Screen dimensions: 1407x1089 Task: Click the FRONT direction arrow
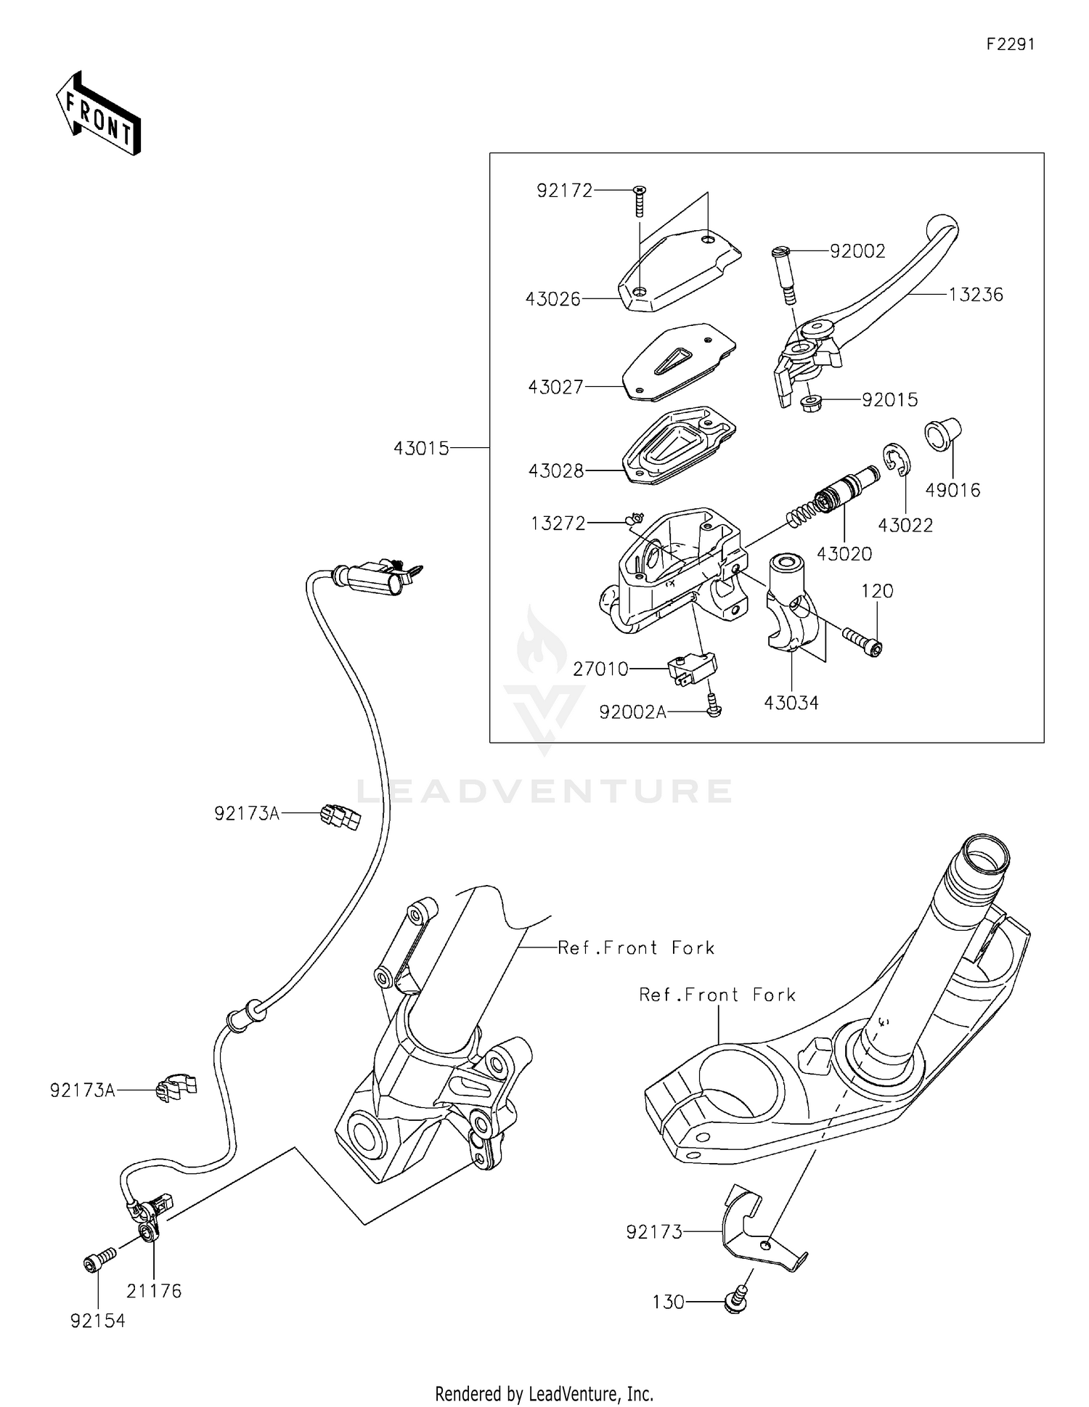pyautogui.click(x=98, y=115)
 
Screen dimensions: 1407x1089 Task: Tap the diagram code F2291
pyautogui.click(x=1010, y=44)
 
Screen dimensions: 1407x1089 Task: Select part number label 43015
pyautogui.click(x=421, y=449)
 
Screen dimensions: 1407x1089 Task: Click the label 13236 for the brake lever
pyautogui.click(x=976, y=295)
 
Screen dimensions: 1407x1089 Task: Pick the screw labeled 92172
pyautogui.click(x=640, y=200)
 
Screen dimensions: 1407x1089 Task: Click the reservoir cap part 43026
pyautogui.click(x=679, y=269)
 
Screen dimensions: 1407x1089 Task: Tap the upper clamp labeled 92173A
pyautogui.click(x=340, y=818)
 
